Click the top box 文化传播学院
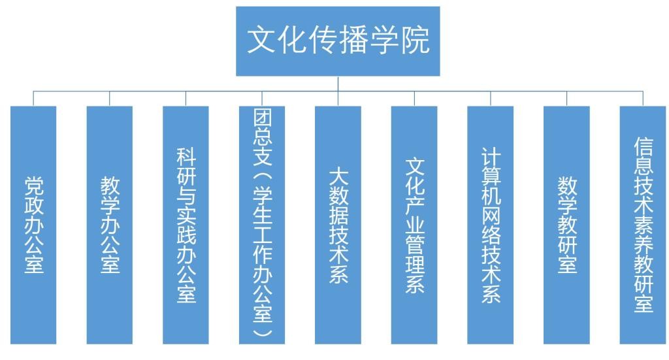point(338,41)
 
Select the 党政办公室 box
point(33,224)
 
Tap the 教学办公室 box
point(110,224)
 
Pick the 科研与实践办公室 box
point(186,224)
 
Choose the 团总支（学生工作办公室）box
point(262,224)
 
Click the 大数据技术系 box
point(338,224)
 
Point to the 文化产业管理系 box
point(414,224)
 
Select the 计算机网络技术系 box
point(491,224)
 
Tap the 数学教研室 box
point(566,224)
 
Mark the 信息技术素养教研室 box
point(643,224)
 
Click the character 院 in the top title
point(416,41)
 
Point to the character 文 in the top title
point(260,41)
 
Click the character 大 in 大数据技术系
point(338,175)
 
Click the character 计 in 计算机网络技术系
point(491,156)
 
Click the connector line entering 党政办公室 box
point(33,99)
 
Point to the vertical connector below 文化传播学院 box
point(338,84)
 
